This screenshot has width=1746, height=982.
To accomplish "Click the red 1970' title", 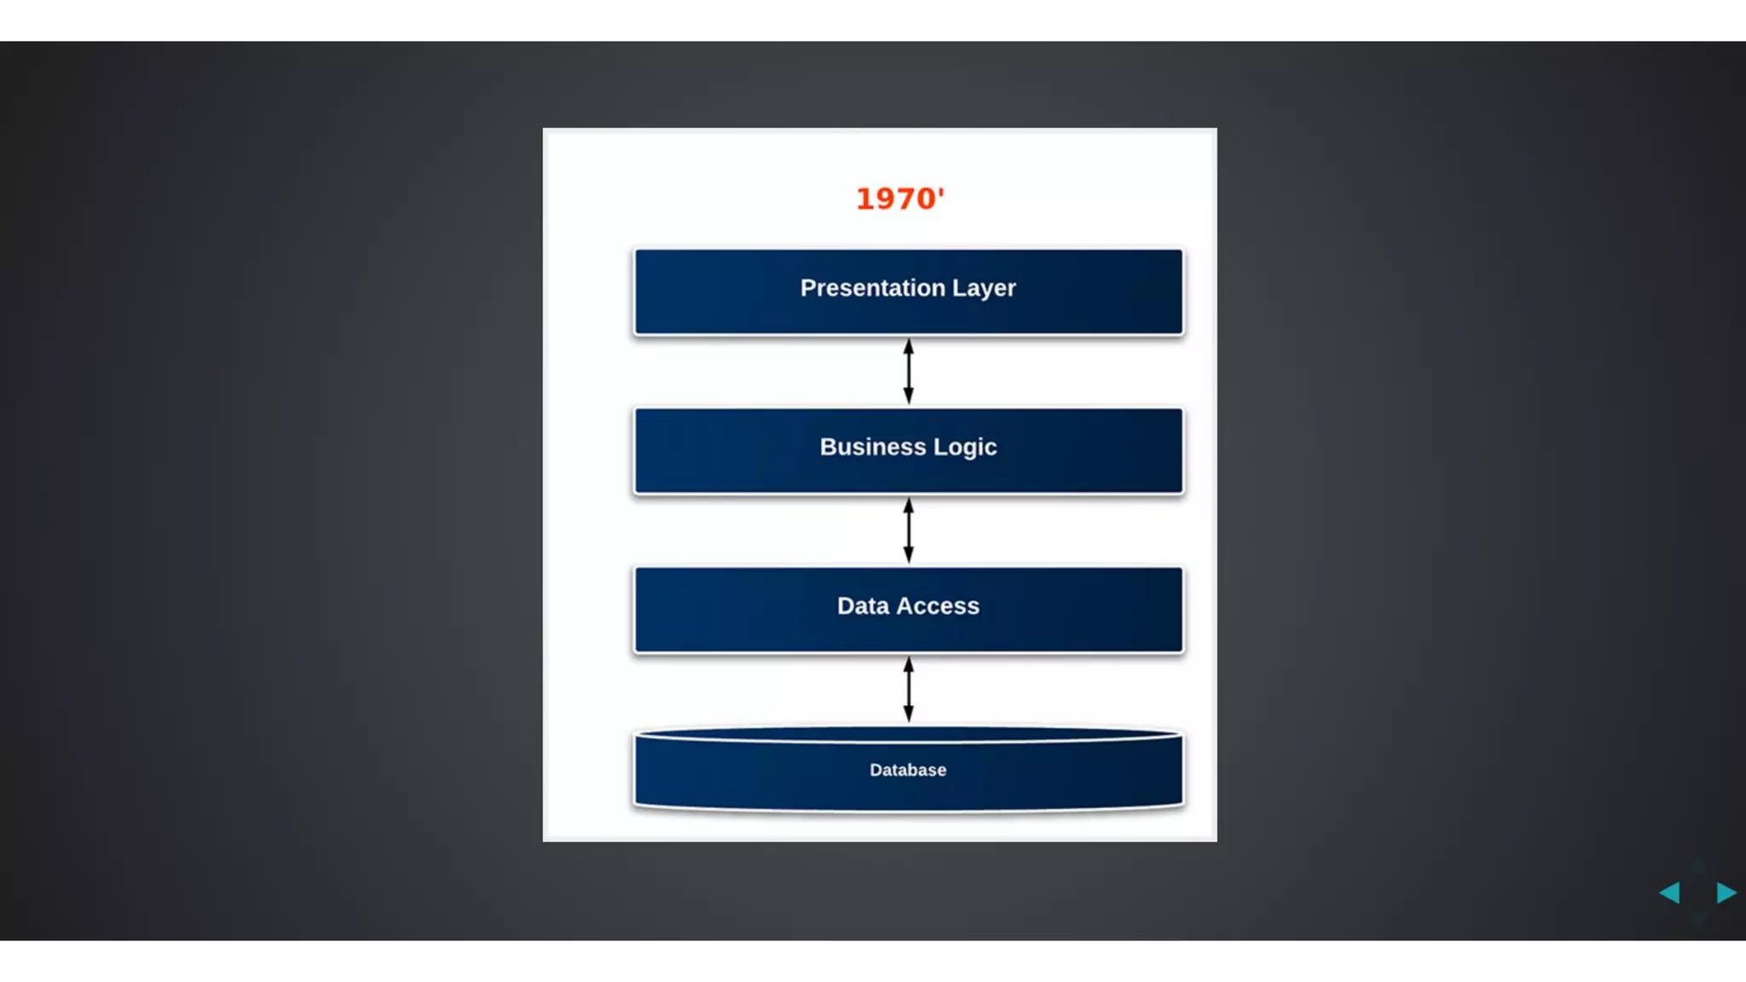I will tap(899, 199).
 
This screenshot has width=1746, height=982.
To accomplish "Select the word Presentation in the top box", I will tap(872, 288).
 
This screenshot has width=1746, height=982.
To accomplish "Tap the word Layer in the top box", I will tap(984, 289).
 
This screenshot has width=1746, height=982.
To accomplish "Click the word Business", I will tap(872, 447).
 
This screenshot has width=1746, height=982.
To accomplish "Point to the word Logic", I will tap(965, 448).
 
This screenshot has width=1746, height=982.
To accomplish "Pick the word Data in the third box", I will tap(863, 606).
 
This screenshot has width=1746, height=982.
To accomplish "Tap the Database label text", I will tap(908, 770).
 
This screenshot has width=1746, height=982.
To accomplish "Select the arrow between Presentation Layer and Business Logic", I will tap(909, 372).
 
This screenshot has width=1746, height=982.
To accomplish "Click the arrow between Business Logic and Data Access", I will tap(909, 530).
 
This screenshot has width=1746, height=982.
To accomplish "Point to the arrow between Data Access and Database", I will tap(909, 689).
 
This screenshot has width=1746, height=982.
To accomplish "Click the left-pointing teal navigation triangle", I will tap(1669, 892).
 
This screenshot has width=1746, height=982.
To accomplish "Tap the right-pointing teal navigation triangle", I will tap(1726, 892).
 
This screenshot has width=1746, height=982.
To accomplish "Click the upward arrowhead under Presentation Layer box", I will tap(909, 346).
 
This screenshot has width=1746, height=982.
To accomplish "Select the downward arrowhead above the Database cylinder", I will tap(909, 714).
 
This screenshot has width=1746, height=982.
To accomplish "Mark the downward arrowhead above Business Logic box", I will tap(909, 396).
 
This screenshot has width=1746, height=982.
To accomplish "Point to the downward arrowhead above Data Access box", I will tap(909, 555).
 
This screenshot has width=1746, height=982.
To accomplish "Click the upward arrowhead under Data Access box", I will tap(909, 664).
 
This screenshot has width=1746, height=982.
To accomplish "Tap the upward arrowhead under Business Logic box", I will tap(909, 505).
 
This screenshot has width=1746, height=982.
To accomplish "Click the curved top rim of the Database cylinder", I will tap(908, 734).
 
